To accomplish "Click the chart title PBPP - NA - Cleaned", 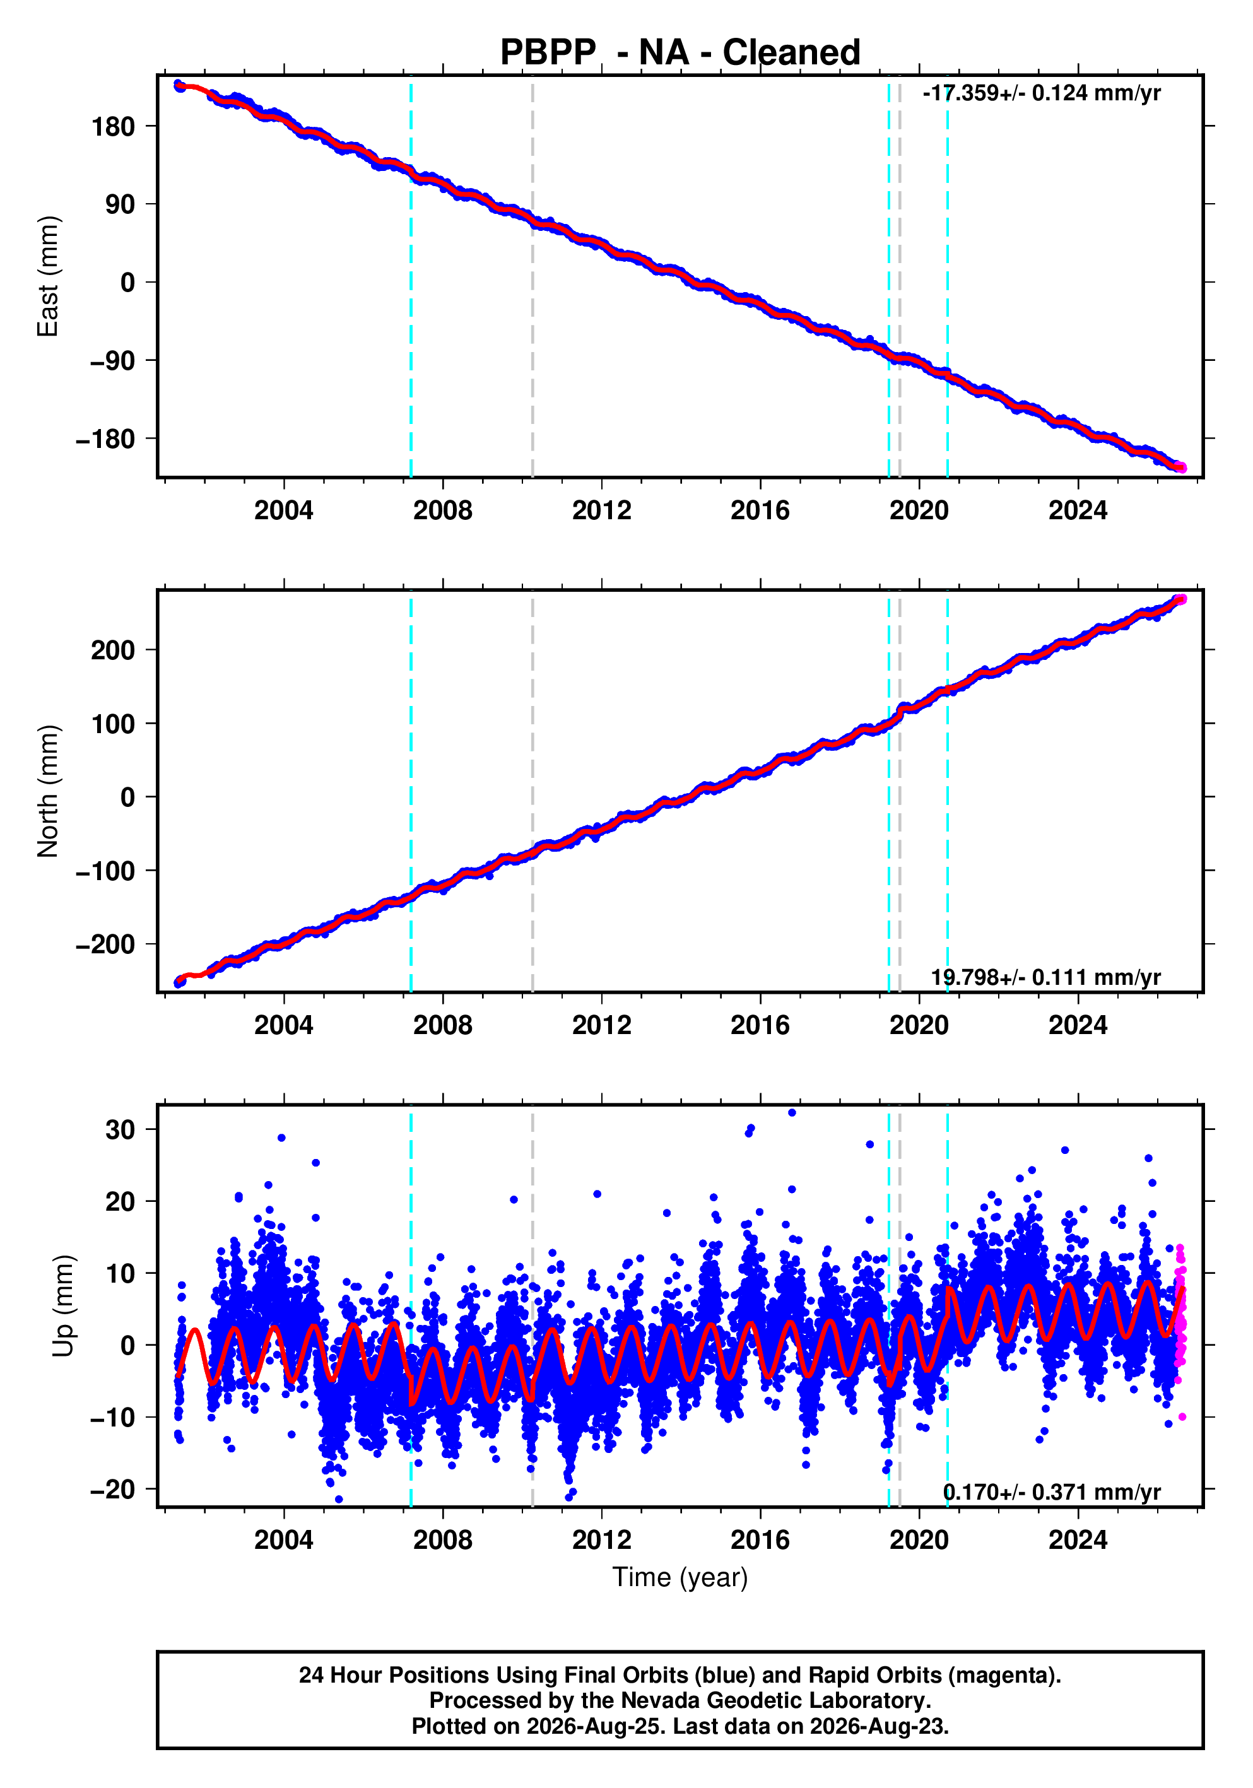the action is point(680,52).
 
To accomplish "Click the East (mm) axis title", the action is point(47,276).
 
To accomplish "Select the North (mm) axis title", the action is point(47,791).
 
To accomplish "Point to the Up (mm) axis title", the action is point(64,1306).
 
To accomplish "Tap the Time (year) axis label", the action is point(680,1577).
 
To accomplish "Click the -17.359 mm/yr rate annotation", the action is point(1041,93).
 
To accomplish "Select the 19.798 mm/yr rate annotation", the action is point(1046,977).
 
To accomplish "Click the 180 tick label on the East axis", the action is point(113,126).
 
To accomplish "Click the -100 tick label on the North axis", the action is point(105,871).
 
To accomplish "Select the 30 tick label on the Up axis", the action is point(120,1129).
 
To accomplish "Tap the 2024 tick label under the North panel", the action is point(1078,1025).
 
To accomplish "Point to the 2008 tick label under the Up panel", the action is point(442,1539).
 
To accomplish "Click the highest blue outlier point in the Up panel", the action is point(792,1112).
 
